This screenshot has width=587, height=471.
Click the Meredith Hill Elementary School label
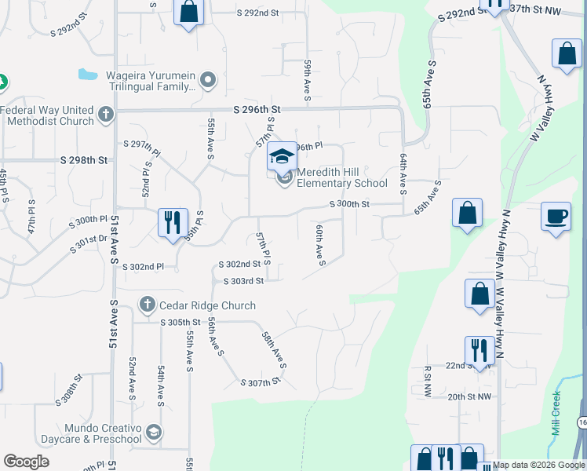tap(341, 177)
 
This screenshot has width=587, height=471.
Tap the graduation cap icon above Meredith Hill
tap(282, 156)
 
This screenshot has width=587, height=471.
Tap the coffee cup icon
tap(556, 217)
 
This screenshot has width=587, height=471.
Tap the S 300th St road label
tap(349, 204)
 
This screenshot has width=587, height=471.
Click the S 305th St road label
tap(181, 323)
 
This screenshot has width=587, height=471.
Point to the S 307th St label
tap(260, 382)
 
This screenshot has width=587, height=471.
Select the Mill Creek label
tap(556, 413)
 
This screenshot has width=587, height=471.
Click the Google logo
tap(26, 462)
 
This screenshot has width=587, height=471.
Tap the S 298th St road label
tap(82, 160)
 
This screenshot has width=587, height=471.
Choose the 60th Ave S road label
tap(320, 245)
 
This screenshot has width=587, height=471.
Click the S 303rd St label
tap(243, 281)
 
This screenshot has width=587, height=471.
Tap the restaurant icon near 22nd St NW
tap(479, 350)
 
